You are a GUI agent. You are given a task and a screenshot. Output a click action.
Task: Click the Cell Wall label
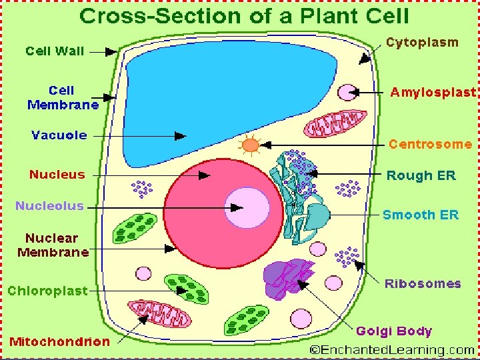click(x=56, y=50)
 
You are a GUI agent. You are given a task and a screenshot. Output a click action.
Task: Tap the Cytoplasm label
click(x=423, y=43)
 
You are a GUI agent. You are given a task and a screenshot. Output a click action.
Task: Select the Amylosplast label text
click(x=433, y=93)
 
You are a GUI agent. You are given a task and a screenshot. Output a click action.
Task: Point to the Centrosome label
click(x=430, y=144)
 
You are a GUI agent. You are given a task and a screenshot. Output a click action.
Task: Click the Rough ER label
click(x=421, y=176)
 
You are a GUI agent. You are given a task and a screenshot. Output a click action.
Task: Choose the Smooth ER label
click(x=421, y=215)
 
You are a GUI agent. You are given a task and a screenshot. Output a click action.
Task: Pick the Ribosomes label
click(x=423, y=283)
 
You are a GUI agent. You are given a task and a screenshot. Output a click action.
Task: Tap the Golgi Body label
click(x=394, y=331)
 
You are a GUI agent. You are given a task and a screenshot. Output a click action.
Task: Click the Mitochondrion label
click(x=59, y=341)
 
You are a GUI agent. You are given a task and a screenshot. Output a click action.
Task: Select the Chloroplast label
click(x=47, y=291)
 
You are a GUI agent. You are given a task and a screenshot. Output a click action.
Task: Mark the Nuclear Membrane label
click(x=53, y=245)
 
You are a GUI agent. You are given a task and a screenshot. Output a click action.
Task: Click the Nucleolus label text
click(x=50, y=205)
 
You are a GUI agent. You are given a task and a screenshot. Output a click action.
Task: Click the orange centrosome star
click(x=251, y=145)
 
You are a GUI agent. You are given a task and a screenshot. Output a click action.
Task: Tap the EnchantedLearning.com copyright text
click(x=392, y=349)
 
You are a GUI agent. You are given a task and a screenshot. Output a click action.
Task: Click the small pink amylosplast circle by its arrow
click(x=347, y=92)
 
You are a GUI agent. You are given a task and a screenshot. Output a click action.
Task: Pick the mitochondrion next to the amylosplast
click(x=337, y=124)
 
